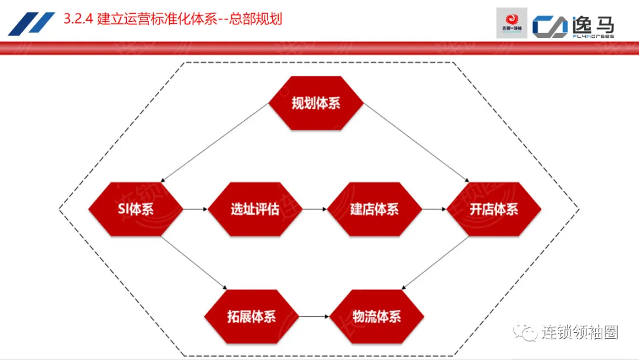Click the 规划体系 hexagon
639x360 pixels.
pyautogui.click(x=316, y=103)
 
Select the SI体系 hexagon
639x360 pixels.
pyautogui.click(x=136, y=209)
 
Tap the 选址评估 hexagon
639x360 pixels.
pyautogui.click(x=255, y=209)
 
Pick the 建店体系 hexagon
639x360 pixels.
pyautogui.click(x=374, y=209)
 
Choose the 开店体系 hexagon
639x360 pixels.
pyautogui.click(x=493, y=209)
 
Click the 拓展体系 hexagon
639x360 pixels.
pyautogui.click(x=251, y=316)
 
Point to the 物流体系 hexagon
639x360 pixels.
pyautogui.click(x=376, y=316)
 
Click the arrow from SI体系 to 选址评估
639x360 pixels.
pyautogui.click(x=195, y=209)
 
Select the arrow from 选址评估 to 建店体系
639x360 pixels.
pyautogui.click(x=315, y=209)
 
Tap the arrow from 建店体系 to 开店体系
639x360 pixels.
pyautogui.click(x=434, y=209)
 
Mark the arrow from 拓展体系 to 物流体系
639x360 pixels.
pyautogui.click(x=314, y=316)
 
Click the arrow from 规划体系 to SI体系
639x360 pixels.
pyautogui.click(x=215, y=142)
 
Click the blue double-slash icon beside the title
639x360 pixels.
pyautogui.click(x=31, y=24)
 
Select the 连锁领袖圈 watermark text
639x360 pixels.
pyautogui.click(x=580, y=333)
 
